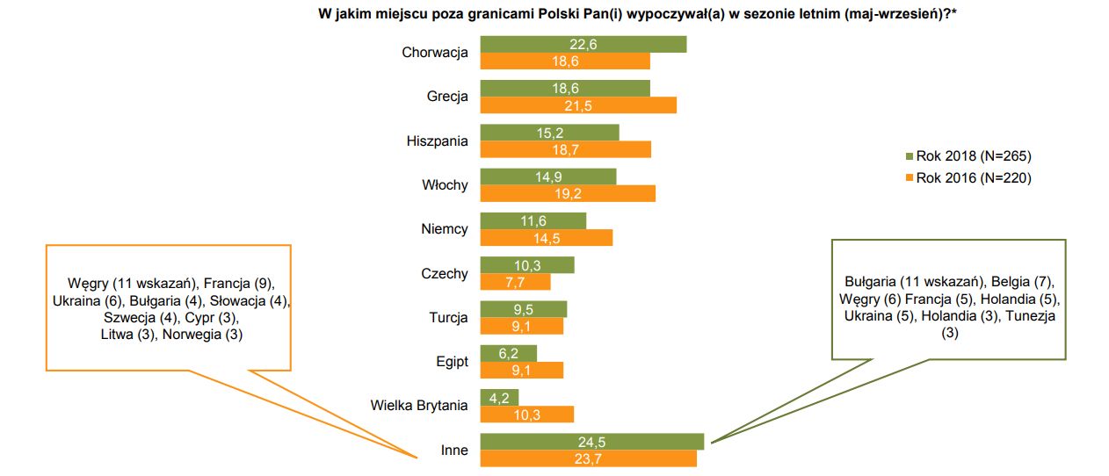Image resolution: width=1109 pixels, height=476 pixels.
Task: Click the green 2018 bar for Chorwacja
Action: click(x=583, y=45)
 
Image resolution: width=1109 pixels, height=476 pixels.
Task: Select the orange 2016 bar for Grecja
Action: click(x=578, y=105)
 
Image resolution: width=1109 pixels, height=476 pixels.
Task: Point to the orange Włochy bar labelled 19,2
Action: click(x=568, y=193)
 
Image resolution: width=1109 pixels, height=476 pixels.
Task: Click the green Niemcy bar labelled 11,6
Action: click(x=533, y=221)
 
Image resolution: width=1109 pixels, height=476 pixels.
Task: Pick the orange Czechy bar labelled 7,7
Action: click(x=515, y=282)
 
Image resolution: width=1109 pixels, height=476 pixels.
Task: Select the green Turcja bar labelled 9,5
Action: click(x=523, y=309)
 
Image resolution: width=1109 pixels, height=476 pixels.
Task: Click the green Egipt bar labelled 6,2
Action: click(x=508, y=353)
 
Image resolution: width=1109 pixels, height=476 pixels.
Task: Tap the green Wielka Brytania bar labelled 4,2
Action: click(x=499, y=397)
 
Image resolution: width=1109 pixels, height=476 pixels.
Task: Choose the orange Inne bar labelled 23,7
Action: click(x=588, y=458)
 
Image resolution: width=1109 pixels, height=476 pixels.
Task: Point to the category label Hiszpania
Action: click(x=437, y=141)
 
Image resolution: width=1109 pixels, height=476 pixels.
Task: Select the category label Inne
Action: click(x=454, y=451)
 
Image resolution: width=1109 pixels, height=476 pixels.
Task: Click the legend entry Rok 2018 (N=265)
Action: click(x=973, y=156)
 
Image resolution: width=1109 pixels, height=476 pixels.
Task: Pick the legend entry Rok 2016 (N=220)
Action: click(x=973, y=177)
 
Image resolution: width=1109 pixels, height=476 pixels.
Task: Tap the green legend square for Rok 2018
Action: click(x=910, y=156)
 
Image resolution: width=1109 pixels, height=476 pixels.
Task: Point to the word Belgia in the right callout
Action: click(x=1013, y=282)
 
